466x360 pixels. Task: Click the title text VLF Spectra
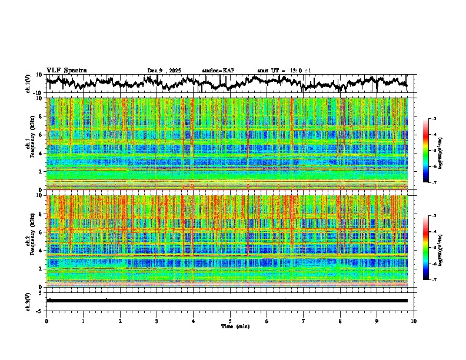(x=66, y=70)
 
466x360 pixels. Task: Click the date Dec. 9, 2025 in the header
(x=165, y=71)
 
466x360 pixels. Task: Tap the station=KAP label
(x=218, y=71)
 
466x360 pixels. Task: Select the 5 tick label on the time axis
(x=230, y=321)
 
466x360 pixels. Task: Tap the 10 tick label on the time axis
(x=414, y=321)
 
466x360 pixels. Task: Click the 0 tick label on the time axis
(x=46, y=321)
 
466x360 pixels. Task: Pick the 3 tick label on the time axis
(x=157, y=321)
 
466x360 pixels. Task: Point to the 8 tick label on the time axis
(x=340, y=321)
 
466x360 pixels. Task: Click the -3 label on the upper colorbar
(x=434, y=119)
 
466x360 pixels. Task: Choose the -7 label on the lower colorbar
(x=434, y=280)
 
